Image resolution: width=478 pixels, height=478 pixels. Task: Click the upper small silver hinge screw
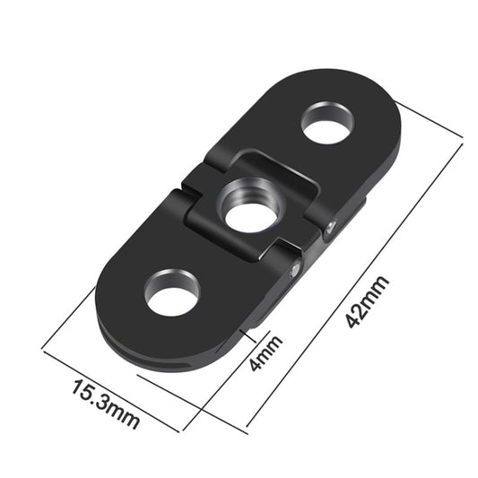(333, 226)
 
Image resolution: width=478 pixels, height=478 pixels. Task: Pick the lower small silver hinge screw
(294, 266)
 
